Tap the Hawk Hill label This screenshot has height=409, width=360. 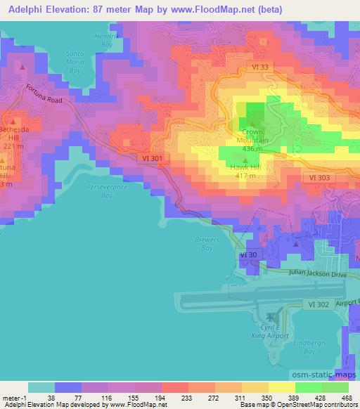[243, 167]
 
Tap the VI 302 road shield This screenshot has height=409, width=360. [318, 304]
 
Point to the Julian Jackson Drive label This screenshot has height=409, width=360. [317, 275]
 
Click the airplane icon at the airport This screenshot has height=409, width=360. [274, 312]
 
